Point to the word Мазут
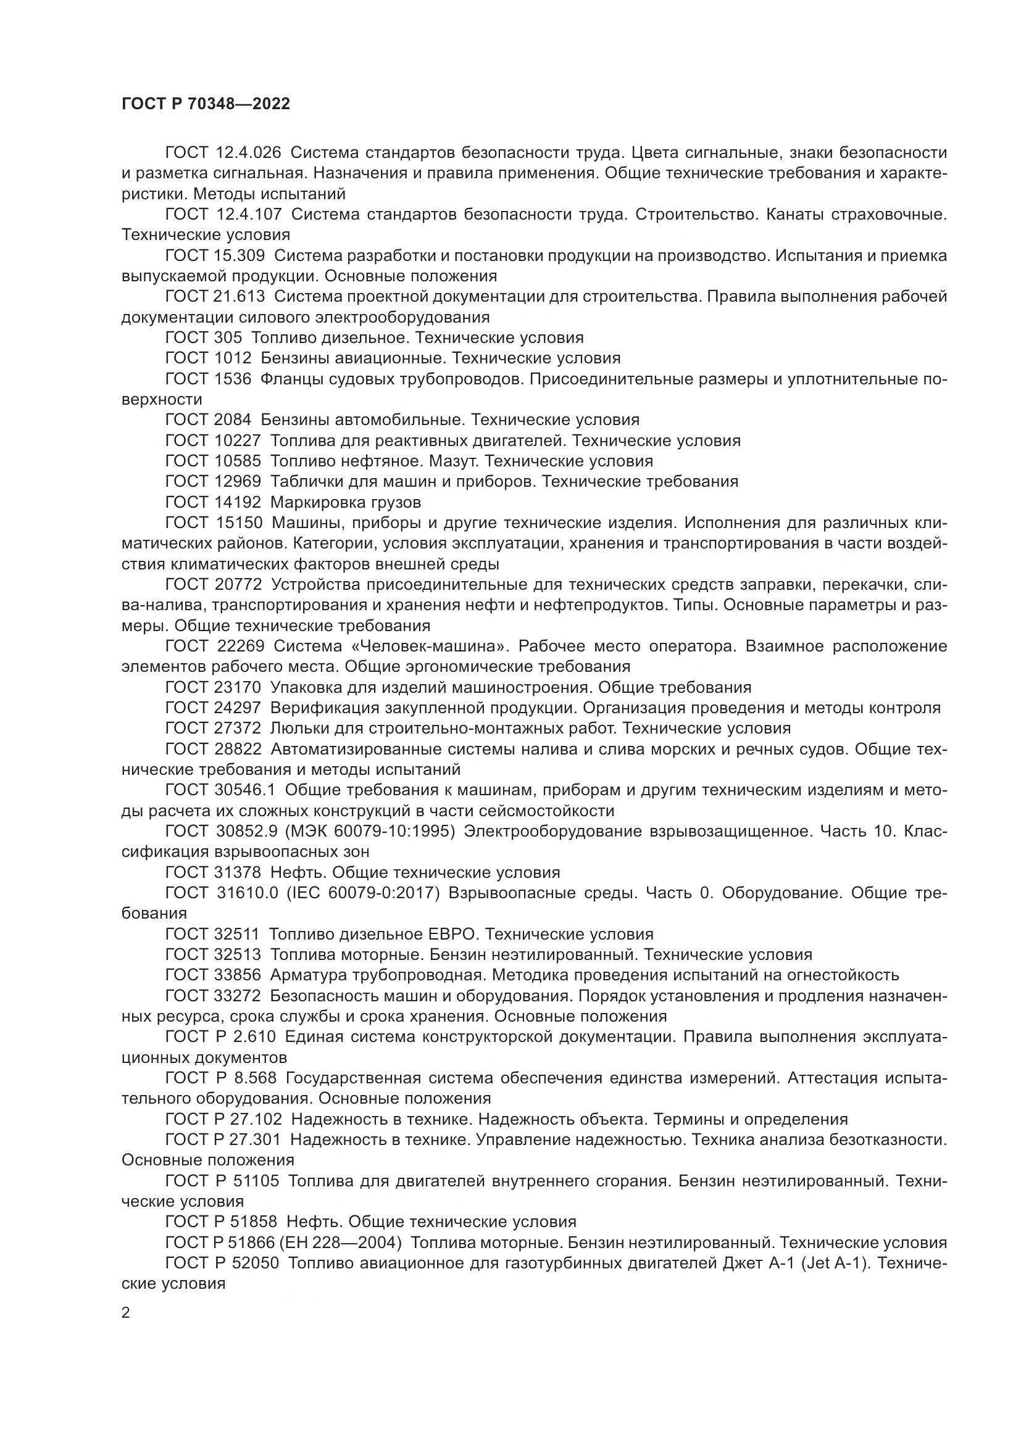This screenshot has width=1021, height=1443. pos(454,461)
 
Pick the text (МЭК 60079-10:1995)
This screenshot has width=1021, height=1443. pos(370,832)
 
